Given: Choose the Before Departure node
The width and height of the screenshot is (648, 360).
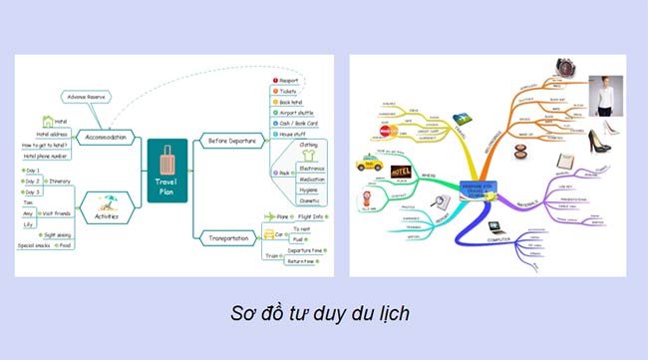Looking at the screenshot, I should pyautogui.click(x=231, y=141).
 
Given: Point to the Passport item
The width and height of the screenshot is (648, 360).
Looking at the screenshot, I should pyautogui.click(x=289, y=79).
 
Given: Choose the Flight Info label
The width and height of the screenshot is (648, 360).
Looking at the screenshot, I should pyautogui.click(x=313, y=216).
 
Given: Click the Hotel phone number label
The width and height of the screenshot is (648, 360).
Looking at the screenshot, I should pyautogui.click(x=46, y=157).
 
